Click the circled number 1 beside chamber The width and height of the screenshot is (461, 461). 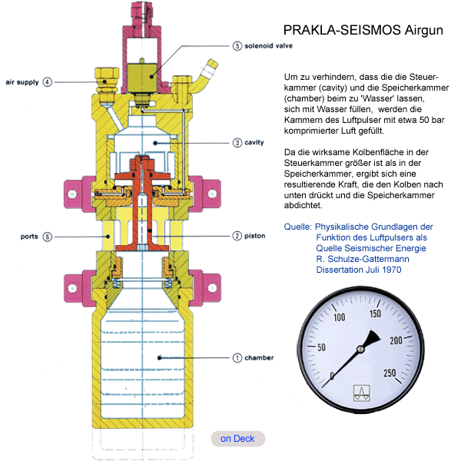pos(238,357)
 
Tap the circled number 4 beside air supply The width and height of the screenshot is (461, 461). pos(48,81)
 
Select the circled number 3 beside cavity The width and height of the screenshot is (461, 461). pos(238,142)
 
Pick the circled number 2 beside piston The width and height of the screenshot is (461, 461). pos(238,235)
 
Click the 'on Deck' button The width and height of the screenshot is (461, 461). pos(237,439)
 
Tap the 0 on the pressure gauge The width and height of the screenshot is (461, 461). pos(332,376)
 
